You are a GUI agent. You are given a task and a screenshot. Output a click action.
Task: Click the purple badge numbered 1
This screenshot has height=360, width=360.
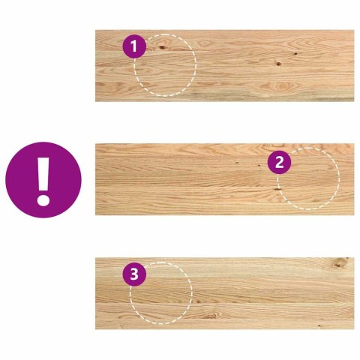133,47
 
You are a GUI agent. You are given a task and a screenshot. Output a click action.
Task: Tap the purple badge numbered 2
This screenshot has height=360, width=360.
279,161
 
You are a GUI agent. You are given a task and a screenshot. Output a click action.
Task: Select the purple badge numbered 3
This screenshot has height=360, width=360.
134,274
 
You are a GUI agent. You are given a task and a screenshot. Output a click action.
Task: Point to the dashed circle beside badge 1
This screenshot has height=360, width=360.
165,66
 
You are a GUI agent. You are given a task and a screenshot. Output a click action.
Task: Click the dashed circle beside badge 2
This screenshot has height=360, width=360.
308,179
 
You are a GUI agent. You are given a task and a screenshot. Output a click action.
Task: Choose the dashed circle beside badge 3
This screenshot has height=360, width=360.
160,293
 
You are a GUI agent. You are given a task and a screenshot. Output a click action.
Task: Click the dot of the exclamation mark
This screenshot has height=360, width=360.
43,199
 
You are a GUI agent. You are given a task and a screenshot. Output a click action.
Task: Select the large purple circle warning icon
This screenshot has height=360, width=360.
43,180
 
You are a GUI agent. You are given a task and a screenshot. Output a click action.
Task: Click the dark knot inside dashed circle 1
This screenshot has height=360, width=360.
161,49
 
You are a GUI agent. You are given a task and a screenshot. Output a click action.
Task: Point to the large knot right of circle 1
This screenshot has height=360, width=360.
278,63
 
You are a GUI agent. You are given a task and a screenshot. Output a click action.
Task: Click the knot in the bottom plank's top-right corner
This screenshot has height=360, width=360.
340,262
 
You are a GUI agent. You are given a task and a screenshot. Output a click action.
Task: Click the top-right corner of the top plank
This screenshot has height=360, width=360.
353,31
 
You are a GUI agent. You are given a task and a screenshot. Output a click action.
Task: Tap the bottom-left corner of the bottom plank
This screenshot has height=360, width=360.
97,328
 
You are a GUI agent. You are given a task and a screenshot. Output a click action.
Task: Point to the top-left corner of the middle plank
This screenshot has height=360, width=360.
97,145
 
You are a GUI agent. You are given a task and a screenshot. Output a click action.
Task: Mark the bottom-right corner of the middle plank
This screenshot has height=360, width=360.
353,214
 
